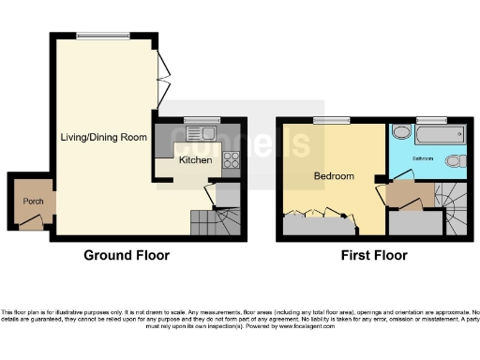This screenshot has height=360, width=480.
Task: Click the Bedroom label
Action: pyautogui.click(x=334, y=176)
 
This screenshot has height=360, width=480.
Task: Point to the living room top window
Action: pyautogui.click(x=103, y=37)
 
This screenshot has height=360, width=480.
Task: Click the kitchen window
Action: pyautogui.click(x=200, y=119)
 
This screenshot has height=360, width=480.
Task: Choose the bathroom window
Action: pyautogui.click(x=431, y=119)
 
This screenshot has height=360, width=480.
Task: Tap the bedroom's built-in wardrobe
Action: pyautogui.click(x=320, y=223)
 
